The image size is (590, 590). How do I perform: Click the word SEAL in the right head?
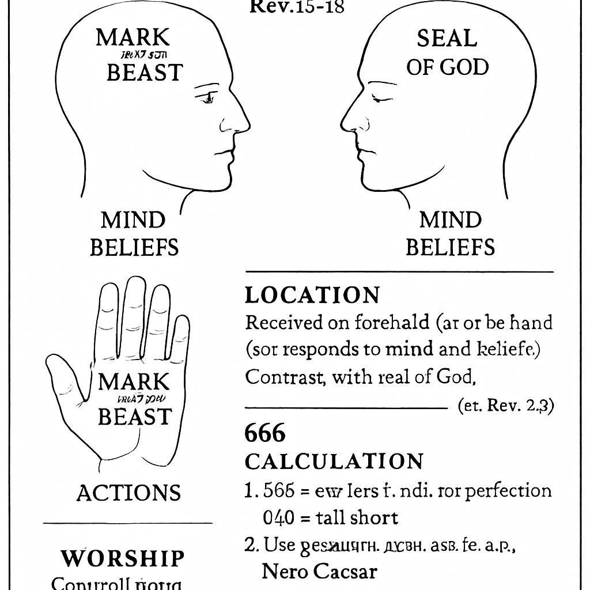tap(447, 39)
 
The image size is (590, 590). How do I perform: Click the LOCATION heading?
tap(312, 295)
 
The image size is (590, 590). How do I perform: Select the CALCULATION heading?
tap(334, 462)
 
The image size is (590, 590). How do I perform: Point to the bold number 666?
tap(265, 433)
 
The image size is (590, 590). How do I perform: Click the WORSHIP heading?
tap(123, 558)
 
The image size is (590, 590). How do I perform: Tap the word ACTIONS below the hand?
tap(128, 493)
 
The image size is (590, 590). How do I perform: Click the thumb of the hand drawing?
tap(65, 375)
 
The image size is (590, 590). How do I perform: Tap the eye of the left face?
tap(207, 97)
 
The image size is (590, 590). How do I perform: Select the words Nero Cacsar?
tap(319, 571)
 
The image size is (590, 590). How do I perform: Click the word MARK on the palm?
tap(134, 382)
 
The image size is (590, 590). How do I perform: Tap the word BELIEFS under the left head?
tap(134, 247)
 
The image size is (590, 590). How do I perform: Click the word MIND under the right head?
tap(450, 220)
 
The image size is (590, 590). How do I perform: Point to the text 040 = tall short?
tap(330, 517)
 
